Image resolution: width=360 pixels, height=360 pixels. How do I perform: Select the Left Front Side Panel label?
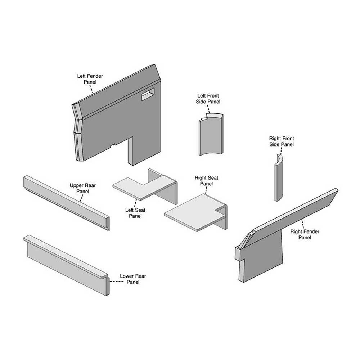[208, 99]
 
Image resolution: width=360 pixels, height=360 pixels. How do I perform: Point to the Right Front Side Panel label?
[282, 141]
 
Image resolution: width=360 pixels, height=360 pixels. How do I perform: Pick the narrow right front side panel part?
[278, 180]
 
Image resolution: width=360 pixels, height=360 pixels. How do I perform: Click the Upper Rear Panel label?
[82, 188]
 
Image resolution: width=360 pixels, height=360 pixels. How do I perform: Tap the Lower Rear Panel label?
[133, 279]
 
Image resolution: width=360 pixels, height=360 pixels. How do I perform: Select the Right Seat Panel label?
[206, 181]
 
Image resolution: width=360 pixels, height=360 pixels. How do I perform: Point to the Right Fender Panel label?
[305, 234]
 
